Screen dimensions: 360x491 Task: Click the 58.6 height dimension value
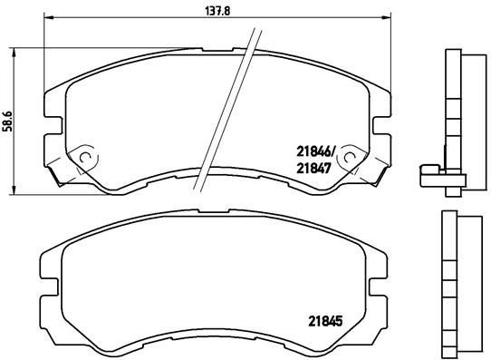[8, 119]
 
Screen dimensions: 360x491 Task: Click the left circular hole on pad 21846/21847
[86, 155]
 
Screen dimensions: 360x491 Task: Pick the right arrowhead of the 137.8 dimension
[391, 18]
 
